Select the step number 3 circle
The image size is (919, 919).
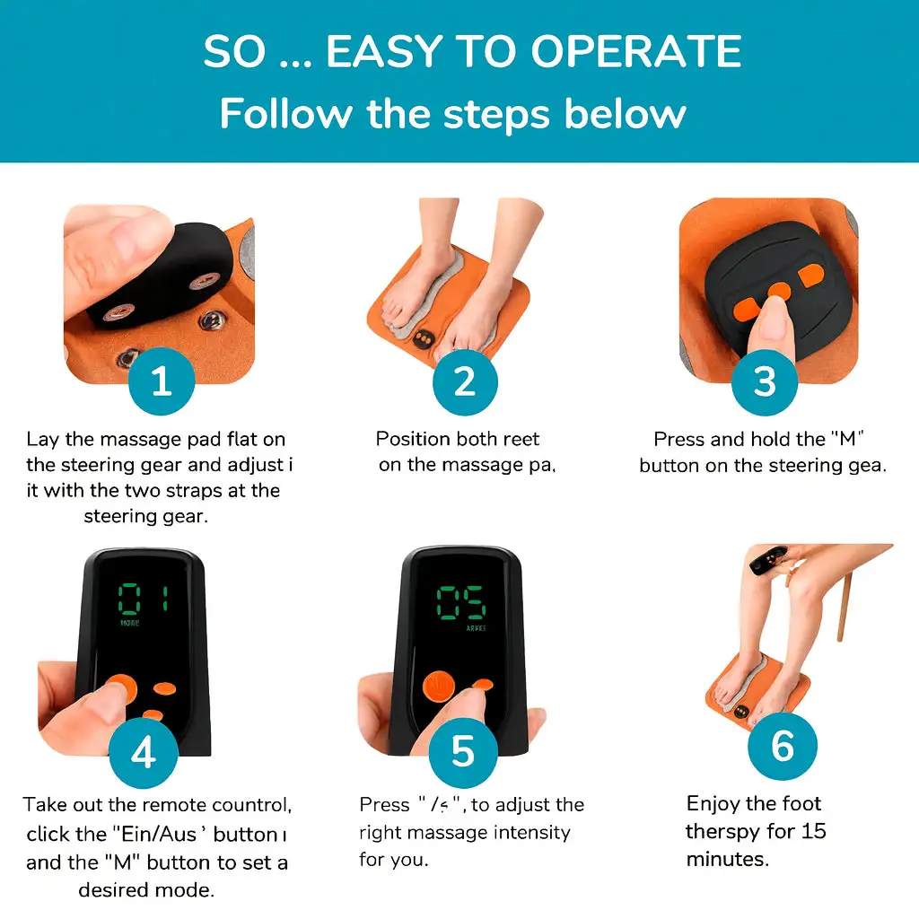pos(764,381)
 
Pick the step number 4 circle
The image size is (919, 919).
pos(144,752)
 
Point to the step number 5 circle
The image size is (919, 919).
pos(462,752)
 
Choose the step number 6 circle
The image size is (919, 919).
pos(783,745)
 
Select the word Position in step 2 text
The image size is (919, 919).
pos(413,439)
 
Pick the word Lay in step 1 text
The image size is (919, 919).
pos(44,439)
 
